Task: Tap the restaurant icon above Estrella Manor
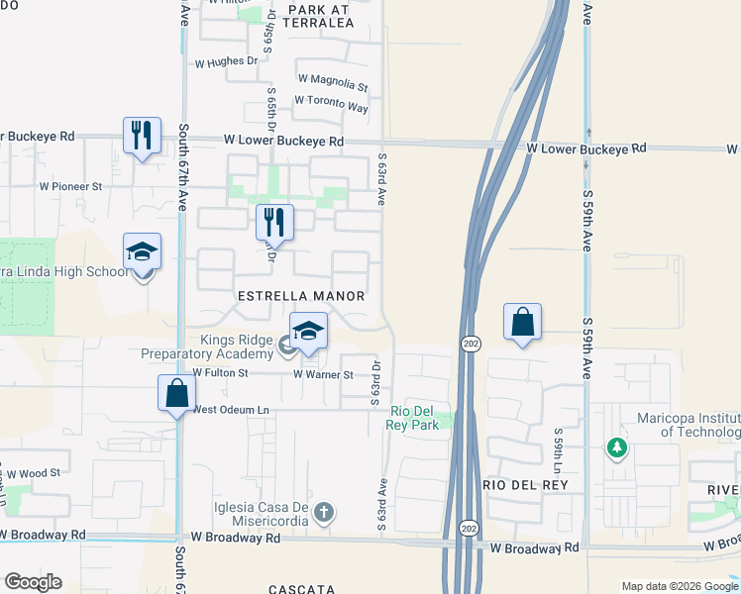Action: click(x=274, y=222)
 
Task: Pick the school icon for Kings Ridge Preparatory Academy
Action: click(x=308, y=332)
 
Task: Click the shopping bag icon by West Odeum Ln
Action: click(x=176, y=392)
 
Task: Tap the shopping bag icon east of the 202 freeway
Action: click(x=522, y=322)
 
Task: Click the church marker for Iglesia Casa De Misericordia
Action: click(x=323, y=513)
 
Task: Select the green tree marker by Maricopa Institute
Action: click(x=617, y=447)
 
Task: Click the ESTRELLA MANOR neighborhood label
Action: click(x=301, y=296)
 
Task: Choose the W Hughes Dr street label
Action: click(x=226, y=60)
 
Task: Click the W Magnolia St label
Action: click(x=332, y=79)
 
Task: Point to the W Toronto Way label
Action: click(x=331, y=103)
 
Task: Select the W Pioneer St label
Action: click(x=70, y=185)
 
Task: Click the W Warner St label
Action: click(x=323, y=374)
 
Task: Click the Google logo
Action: click(x=33, y=582)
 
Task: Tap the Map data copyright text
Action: click(x=679, y=586)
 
